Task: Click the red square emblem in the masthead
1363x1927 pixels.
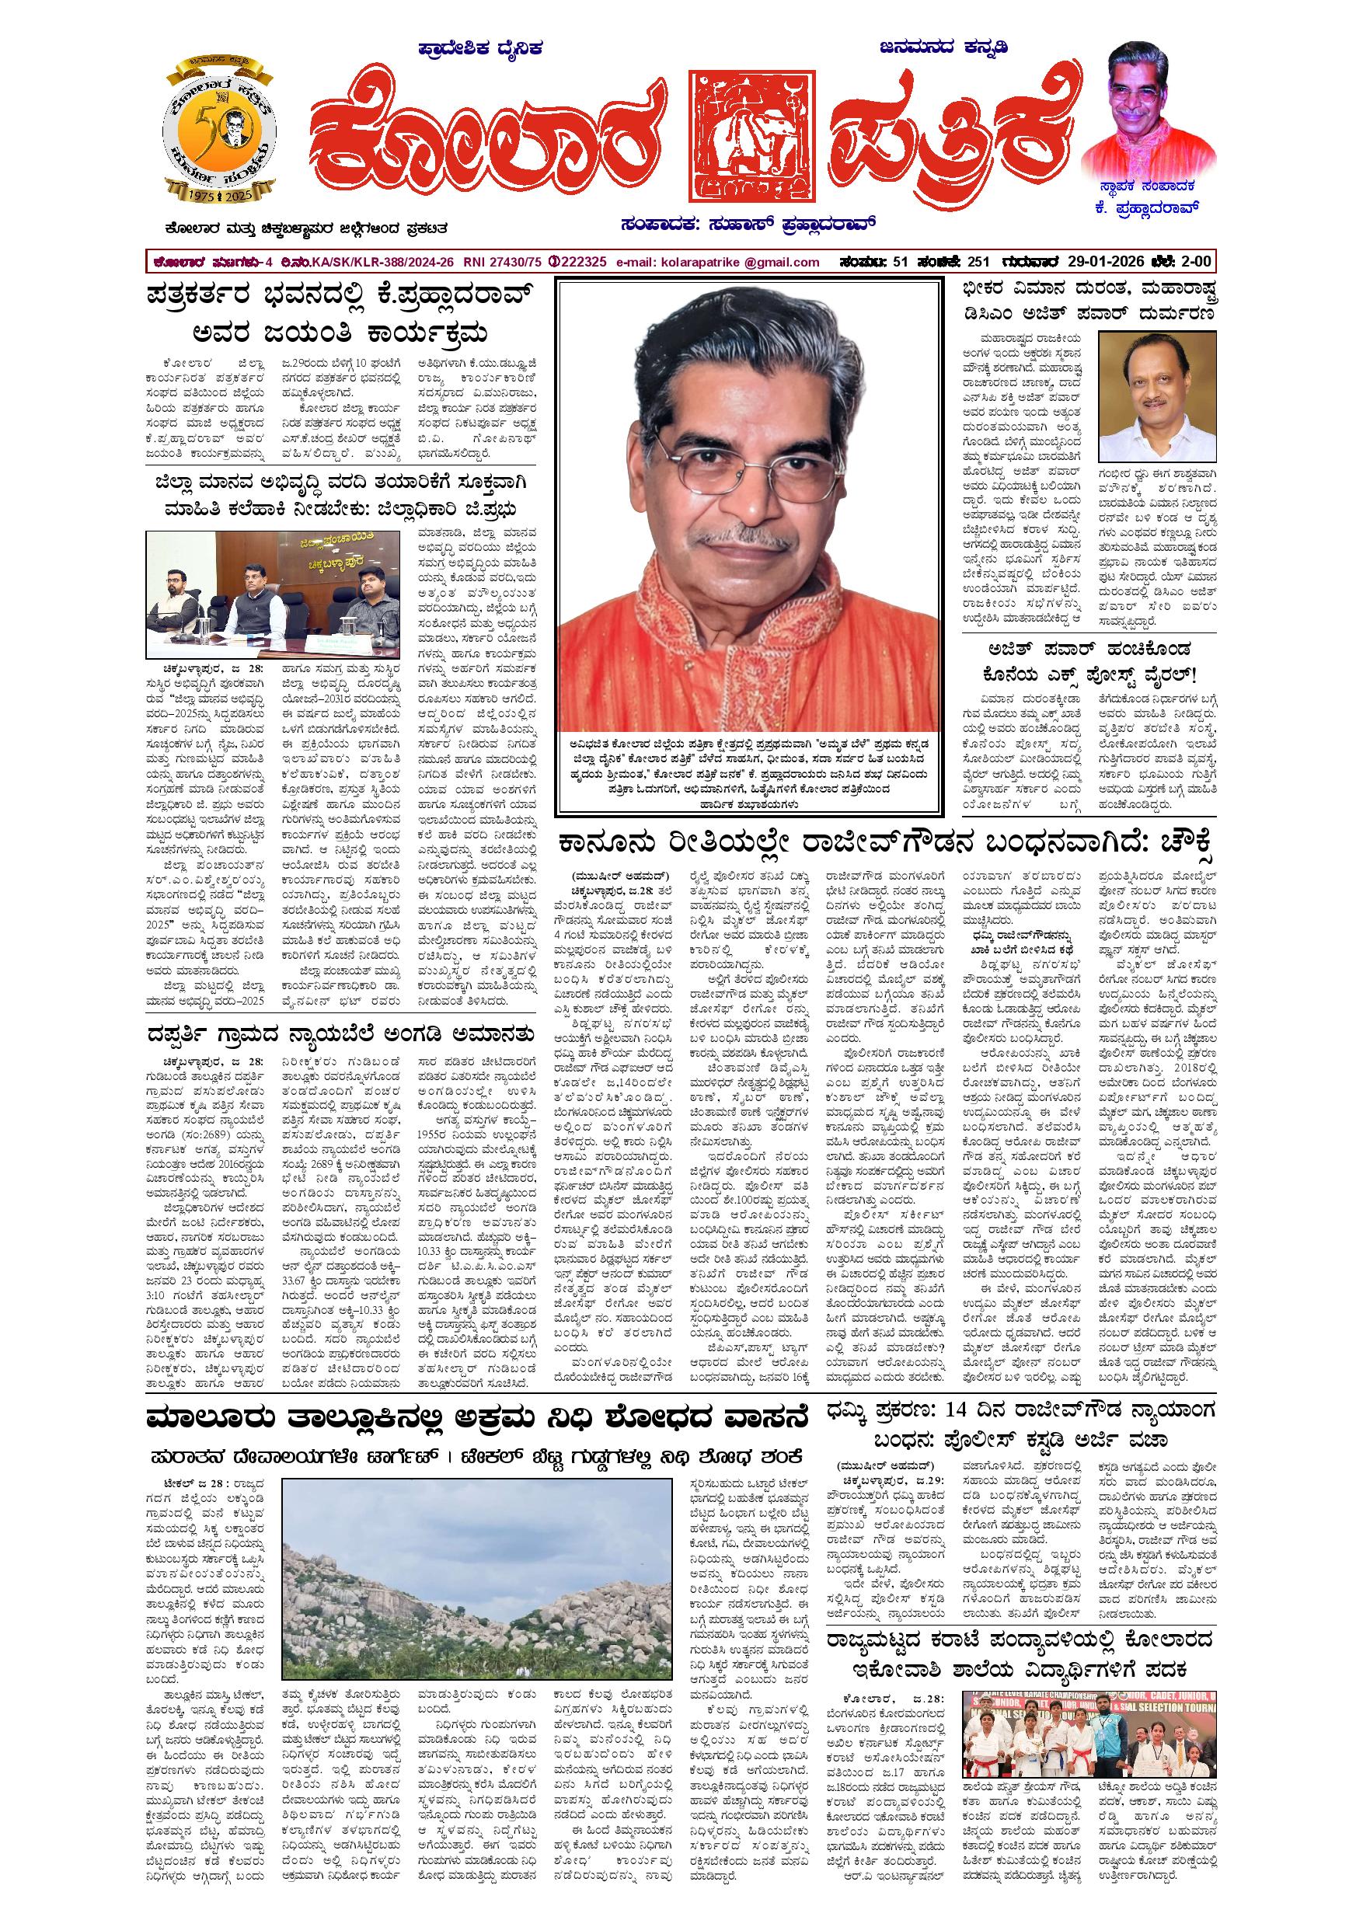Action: pos(754,139)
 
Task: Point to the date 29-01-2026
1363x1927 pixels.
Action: pos(1112,262)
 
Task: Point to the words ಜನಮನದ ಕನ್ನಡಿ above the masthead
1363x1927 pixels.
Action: pos(944,48)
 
